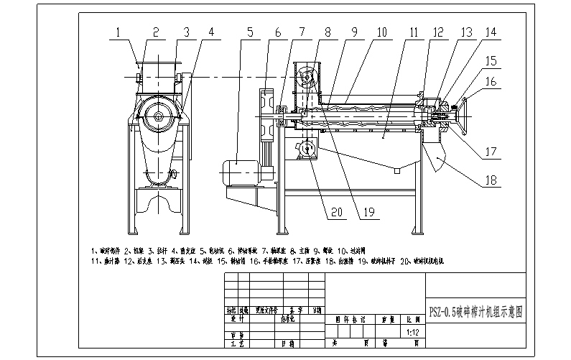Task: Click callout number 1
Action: (x=119, y=32)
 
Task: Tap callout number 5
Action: (x=250, y=32)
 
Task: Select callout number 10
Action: (x=381, y=32)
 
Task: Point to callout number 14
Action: (x=490, y=32)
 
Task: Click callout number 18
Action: (x=490, y=180)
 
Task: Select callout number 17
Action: (x=490, y=152)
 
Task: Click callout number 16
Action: (x=490, y=83)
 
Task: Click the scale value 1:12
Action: (x=412, y=333)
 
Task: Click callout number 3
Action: (x=185, y=32)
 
